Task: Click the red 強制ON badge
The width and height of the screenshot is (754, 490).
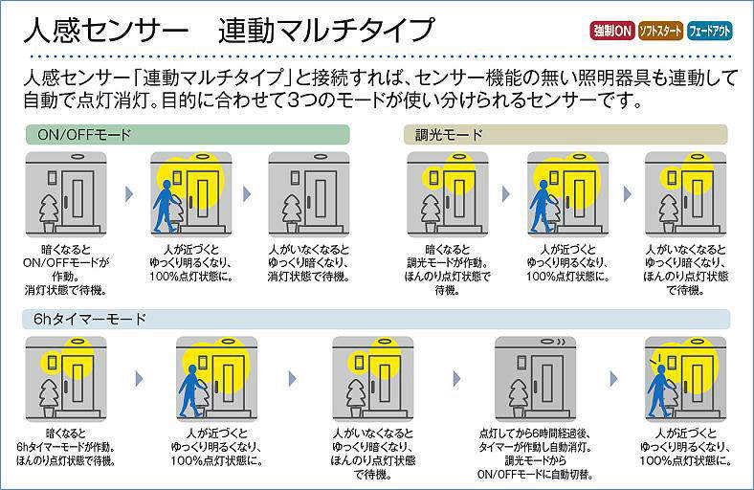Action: (610, 31)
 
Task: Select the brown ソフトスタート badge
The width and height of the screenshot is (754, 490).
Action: (660, 31)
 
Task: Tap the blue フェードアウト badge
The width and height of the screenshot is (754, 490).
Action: (710, 31)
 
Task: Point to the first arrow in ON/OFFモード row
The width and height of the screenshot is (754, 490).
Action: (127, 193)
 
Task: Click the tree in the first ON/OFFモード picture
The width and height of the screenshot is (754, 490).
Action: (47, 211)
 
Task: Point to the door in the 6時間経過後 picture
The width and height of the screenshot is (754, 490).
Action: (548, 381)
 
